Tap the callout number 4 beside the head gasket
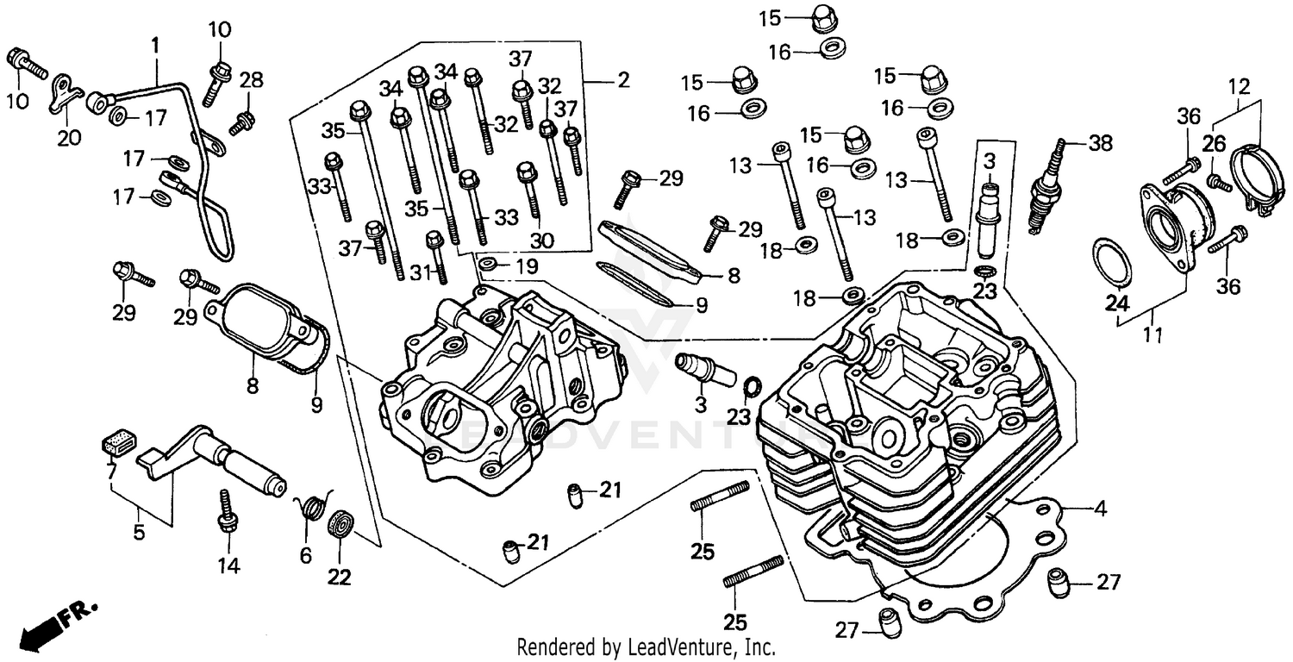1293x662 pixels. coord(1099,509)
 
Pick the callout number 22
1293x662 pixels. coord(340,577)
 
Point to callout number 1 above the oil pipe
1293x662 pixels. coord(156,42)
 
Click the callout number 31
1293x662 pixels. coord(419,273)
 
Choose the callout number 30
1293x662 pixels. coord(542,239)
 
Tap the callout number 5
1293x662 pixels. coord(139,533)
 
